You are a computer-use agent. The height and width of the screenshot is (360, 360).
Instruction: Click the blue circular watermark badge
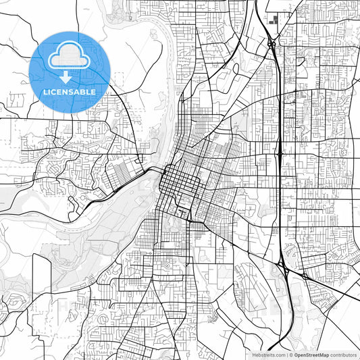(70, 72)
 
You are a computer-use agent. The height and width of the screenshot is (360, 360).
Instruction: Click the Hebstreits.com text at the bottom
(268, 354)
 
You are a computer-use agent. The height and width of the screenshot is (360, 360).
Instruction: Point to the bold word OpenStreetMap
(312, 354)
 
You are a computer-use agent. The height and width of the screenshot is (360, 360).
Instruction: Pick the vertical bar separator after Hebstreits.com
(286, 354)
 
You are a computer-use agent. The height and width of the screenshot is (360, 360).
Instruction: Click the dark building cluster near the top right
(274, 19)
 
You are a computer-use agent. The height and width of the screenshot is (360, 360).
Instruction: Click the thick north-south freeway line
(279, 108)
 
